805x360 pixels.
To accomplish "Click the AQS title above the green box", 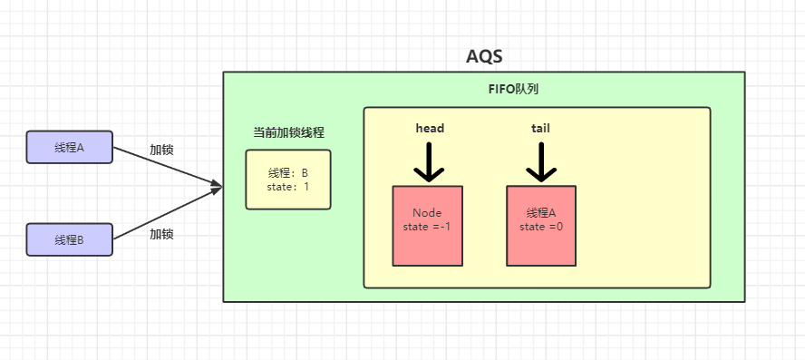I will click(x=484, y=57).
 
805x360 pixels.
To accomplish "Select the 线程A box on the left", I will click(x=69, y=148).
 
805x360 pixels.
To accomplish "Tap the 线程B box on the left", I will click(x=69, y=239).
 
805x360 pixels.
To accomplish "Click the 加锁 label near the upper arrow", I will click(x=161, y=150).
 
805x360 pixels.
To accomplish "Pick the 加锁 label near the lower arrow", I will click(x=161, y=233).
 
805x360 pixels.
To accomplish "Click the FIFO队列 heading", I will click(x=514, y=90).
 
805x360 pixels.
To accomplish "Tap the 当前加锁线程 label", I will click(x=288, y=132).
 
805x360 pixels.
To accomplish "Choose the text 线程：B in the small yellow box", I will click(x=288, y=173).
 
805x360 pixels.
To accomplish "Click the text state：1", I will click(x=288, y=187).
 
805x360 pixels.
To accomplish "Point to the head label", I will click(x=429, y=128).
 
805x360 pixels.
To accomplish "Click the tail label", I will click(x=540, y=128).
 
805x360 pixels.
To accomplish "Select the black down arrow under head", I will click(x=429, y=163).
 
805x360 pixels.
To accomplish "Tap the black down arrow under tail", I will click(x=541, y=163).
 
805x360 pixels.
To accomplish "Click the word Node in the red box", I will click(x=426, y=212).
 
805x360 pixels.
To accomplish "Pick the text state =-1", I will click(x=427, y=226).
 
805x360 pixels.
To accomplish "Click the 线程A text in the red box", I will click(x=540, y=212).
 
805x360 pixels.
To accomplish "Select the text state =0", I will click(x=541, y=226).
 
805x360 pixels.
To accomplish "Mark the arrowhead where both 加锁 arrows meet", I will click(x=217, y=187).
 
